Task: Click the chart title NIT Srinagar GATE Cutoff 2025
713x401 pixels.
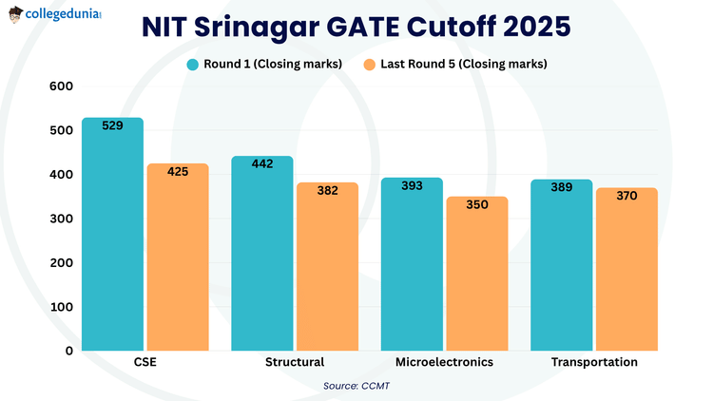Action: coord(356,26)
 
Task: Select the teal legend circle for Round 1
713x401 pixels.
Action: coord(192,64)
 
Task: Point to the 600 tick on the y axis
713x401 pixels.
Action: coord(61,86)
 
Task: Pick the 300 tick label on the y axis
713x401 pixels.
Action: coord(61,219)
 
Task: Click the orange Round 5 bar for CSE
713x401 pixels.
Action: coord(177,257)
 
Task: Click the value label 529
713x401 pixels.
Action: coord(112,125)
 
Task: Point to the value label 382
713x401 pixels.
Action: coord(327,190)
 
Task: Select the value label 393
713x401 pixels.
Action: coord(412,185)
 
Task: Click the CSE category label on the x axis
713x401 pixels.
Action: coord(145,362)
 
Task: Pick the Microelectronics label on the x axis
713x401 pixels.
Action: coord(445,362)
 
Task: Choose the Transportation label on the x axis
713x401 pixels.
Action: coord(594,362)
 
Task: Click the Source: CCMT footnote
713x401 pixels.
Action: coord(356,385)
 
